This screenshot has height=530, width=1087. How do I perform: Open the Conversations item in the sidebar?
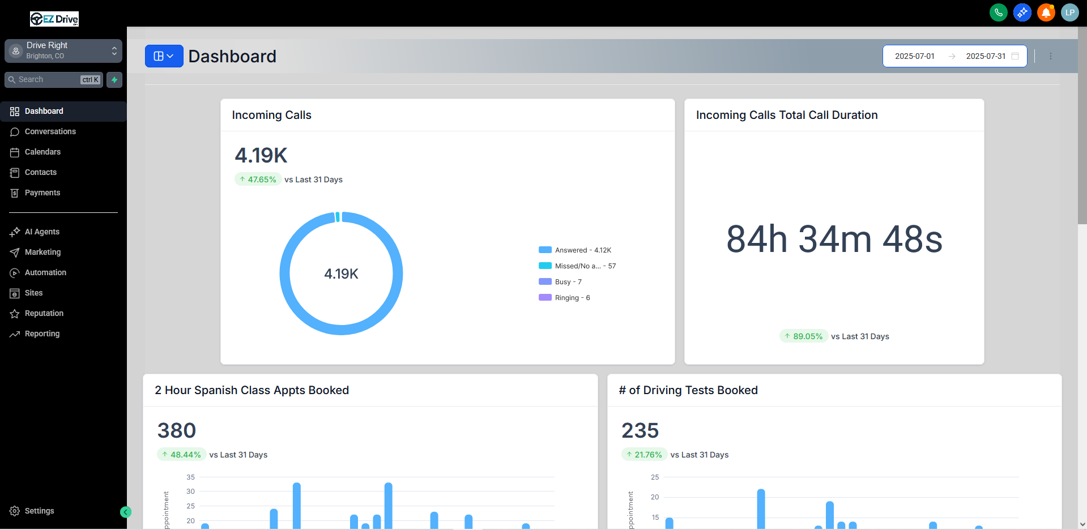(50, 131)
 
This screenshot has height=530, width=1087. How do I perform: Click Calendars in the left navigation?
(42, 152)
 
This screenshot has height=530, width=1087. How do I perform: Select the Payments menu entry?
(42, 193)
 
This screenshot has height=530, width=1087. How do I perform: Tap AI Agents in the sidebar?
(42, 232)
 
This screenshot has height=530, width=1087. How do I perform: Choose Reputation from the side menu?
(44, 313)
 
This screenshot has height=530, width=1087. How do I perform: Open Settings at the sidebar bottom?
(39, 511)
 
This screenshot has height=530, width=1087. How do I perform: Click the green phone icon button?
(998, 12)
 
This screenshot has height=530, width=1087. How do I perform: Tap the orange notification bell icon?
(1046, 12)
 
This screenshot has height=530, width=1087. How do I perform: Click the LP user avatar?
(1069, 12)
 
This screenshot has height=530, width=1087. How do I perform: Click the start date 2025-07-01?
(914, 56)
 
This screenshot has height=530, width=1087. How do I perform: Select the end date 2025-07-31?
(986, 56)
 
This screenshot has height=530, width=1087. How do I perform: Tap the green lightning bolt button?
(114, 80)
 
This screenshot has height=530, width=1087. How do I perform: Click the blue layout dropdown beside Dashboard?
(164, 56)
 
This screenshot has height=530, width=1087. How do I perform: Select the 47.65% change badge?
(258, 179)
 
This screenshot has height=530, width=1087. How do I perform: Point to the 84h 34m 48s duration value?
(834, 239)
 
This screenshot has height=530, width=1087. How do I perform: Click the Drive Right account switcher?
(63, 50)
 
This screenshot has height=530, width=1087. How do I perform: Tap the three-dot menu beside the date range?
(1051, 56)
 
